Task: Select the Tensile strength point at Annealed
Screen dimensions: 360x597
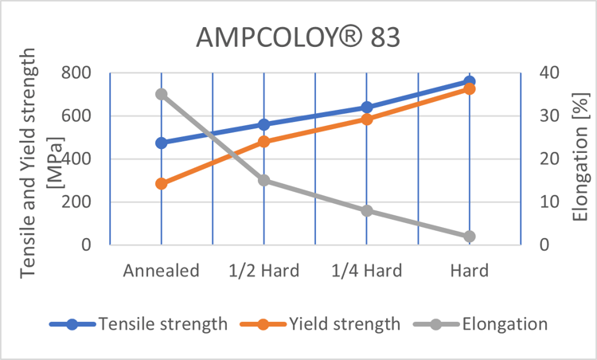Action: tap(162, 143)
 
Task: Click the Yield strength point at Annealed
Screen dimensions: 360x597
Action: tap(162, 184)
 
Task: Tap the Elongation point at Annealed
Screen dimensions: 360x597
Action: tap(162, 94)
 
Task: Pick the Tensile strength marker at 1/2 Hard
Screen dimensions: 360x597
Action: tap(264, 125)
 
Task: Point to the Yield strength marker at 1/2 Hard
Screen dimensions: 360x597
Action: tap(264, 142)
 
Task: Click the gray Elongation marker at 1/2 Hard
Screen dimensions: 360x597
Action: tap(264, 181)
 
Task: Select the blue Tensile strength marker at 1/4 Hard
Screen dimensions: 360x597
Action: tap(367, 108)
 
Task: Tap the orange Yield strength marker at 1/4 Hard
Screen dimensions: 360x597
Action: tap(367, 119)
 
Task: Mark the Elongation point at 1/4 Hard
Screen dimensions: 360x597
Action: tap(367, 211)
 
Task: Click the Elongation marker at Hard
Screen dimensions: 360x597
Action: tap(470, 237)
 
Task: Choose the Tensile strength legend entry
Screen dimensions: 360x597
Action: tap(139, 324)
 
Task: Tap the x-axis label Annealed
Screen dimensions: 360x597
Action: tap(161, 271)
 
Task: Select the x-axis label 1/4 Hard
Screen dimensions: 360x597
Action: tap(367, 271)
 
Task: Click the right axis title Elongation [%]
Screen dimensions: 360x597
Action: tap(579, 157)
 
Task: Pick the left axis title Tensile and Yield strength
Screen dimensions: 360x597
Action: tap(29, 159)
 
